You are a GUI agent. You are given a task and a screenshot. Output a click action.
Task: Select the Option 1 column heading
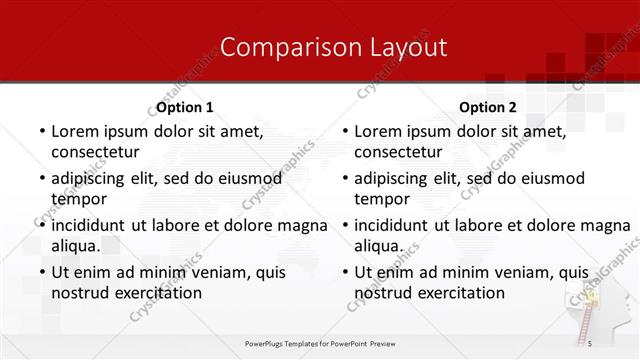click(185, 107)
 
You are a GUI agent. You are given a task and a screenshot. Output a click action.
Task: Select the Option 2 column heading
click(488, 107)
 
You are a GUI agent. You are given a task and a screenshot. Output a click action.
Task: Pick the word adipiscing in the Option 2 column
click(398, 179)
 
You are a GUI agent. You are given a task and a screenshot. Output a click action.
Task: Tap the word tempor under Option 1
click(77, 199)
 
